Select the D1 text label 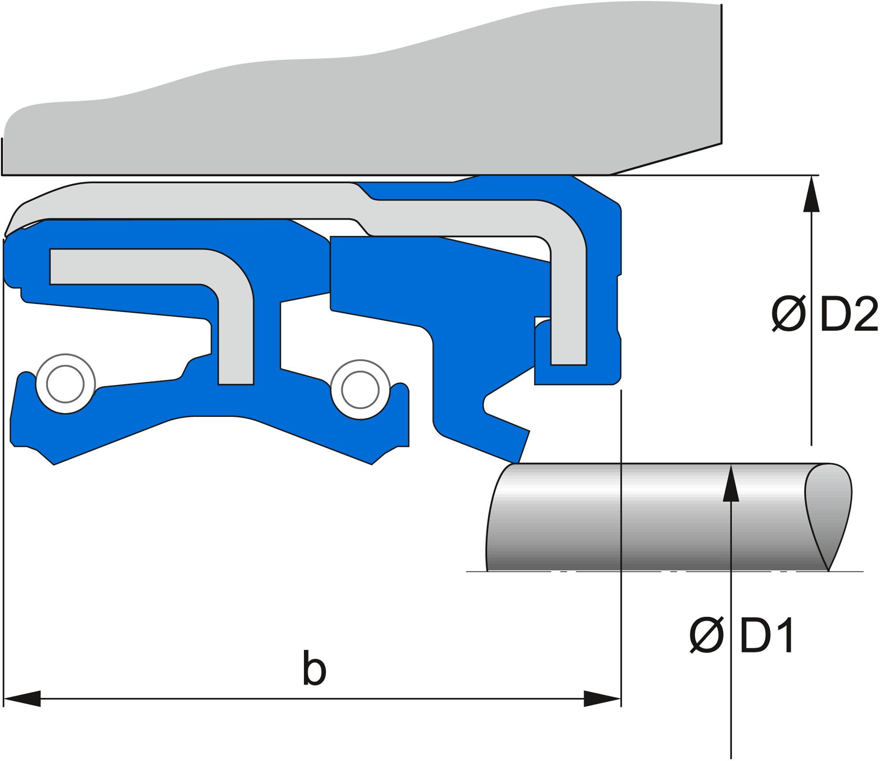click(767, 635)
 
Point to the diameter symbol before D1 click(706, 635)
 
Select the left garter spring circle click(65, 383)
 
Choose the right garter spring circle click(360, 390)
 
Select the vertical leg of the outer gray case click(569, 309)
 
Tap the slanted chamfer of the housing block click(666, 159)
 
